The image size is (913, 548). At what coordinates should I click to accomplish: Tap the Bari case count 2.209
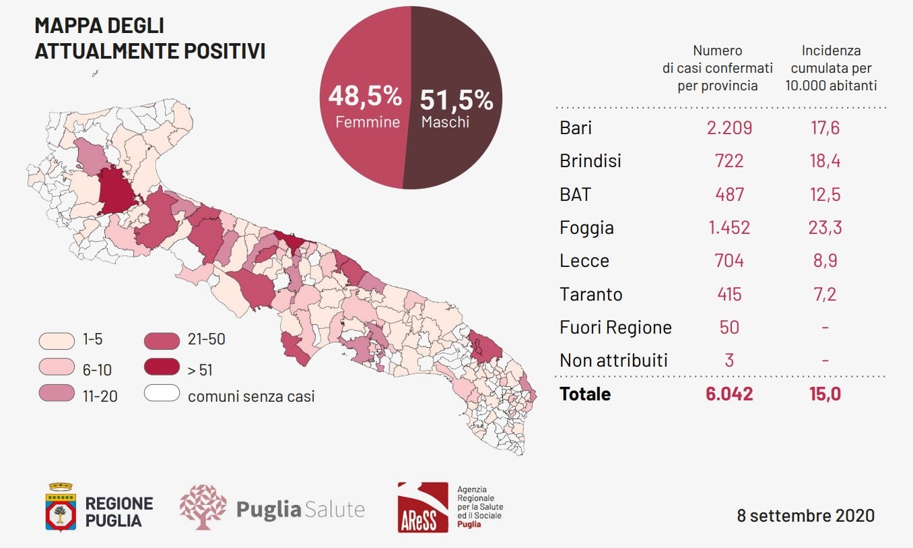click(729, 127)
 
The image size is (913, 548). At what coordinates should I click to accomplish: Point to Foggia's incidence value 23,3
click(825, 228)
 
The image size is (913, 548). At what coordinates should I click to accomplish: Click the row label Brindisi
click(590, 161)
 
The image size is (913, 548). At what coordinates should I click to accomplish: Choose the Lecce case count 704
click(729, 261)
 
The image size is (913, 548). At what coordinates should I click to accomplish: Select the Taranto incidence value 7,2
click(825, 294)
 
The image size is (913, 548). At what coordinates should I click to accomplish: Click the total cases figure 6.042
click(729, 394)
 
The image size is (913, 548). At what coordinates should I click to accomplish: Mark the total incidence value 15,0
click(825, 394)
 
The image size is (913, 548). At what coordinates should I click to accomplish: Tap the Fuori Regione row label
click(615, 328)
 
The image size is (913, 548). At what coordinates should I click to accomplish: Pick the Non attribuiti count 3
click(729, 361)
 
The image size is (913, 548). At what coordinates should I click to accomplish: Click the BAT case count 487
click(729, 195)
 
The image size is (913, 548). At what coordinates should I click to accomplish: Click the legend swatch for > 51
click(162, 369)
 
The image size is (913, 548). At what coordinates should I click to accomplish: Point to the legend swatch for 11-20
click(57, 395)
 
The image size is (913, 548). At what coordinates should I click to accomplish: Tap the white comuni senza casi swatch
click(162, 394)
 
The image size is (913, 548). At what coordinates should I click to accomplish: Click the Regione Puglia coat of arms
click(61, 507)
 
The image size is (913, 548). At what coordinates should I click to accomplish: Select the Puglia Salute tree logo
click(203, 507)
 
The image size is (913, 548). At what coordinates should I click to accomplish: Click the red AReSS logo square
click(422, 507)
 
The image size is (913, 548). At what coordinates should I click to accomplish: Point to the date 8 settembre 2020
click(805, 516)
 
